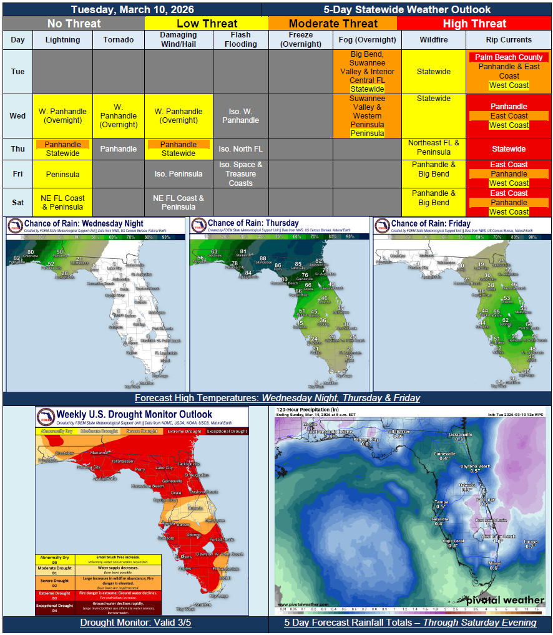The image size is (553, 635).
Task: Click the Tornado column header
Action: point(119,40)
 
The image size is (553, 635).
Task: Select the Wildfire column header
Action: point(433,40)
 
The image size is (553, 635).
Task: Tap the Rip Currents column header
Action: point(509,40)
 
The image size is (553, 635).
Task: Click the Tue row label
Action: point(18,72)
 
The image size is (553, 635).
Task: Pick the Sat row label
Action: point(18,202)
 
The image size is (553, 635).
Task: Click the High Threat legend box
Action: point(474,24)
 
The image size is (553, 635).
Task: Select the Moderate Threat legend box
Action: point(333,24)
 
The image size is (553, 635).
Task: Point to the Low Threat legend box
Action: point(207,24)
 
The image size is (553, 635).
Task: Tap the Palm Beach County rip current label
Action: point(509,57)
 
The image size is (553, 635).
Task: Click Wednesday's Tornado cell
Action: point(119,116)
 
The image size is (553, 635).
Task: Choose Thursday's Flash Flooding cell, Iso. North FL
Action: point(240,149)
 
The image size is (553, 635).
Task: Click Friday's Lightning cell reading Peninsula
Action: point(63,174)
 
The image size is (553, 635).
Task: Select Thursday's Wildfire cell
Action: point(433,147)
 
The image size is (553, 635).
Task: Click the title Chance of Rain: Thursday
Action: point(253,223)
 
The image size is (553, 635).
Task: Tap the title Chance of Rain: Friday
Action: point(431,223)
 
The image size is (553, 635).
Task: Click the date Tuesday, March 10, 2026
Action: point(132,9)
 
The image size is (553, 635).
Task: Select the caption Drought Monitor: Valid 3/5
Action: point(135,623)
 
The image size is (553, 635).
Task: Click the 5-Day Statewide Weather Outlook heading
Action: point(407,9)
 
